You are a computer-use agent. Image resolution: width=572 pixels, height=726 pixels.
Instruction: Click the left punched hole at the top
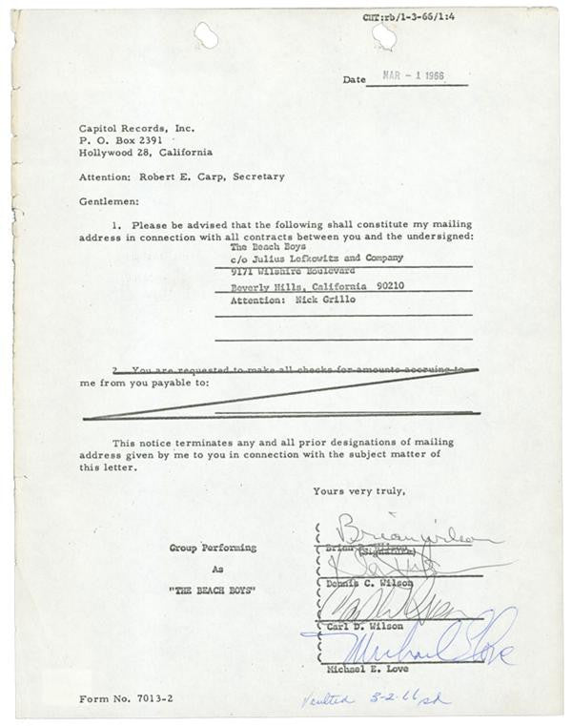click(205, 35)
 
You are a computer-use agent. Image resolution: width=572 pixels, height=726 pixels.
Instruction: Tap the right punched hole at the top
click(384, 35)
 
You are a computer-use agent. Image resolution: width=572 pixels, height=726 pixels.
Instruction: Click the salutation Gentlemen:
click(109, 201)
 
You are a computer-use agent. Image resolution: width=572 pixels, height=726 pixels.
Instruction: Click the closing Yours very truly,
click(358, 491)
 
